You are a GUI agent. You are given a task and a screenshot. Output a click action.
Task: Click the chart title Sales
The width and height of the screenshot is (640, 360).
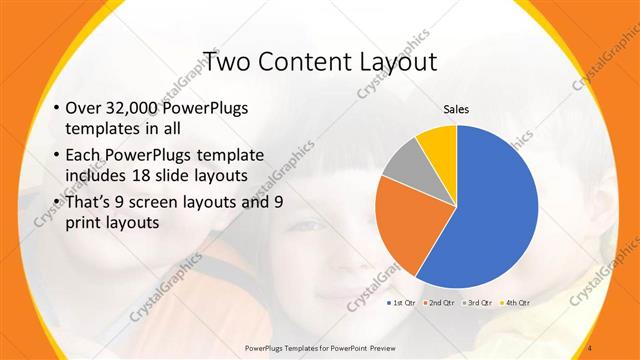tap(457, 109)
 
